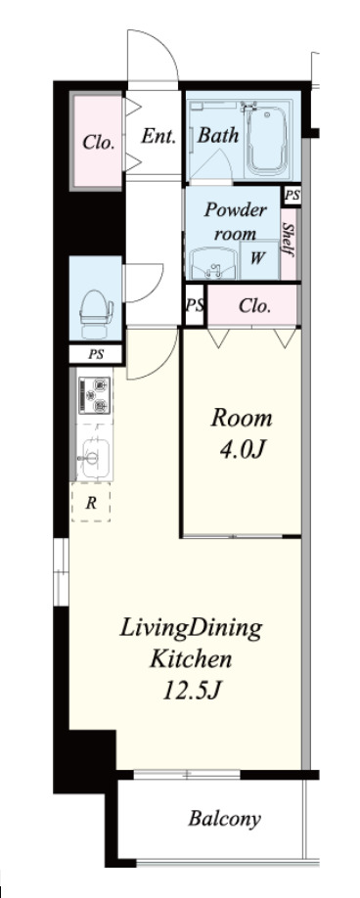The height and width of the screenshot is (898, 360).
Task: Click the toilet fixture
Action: (96, 313)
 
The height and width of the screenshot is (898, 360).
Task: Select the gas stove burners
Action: (95, 394)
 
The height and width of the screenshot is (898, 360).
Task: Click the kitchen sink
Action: (94, 457)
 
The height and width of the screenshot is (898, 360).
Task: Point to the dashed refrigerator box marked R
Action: (90, 502)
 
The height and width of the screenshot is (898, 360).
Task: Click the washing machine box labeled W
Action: (259, 259)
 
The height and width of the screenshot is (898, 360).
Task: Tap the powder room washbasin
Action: (214, 263)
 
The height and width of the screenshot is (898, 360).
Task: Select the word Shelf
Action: (289, 239)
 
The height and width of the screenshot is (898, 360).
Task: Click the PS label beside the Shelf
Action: (292, 196)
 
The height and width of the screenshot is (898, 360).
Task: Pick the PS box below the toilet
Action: (96, 354)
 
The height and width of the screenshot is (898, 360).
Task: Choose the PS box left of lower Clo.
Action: (195, 304)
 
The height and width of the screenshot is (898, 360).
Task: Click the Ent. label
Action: (158, 136)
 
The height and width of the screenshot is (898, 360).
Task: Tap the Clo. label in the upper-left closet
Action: (98, 142)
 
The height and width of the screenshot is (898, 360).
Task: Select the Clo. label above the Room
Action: (254, 306)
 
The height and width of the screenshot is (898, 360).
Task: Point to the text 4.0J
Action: (242, 450)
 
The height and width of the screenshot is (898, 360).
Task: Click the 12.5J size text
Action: (191, 691)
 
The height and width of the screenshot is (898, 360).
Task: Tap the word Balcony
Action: (224, 819)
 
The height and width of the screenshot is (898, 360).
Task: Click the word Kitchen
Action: (191, 659)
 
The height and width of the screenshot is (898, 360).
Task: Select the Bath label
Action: (218, 135)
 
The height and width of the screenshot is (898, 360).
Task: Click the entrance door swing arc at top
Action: (164, 45)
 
